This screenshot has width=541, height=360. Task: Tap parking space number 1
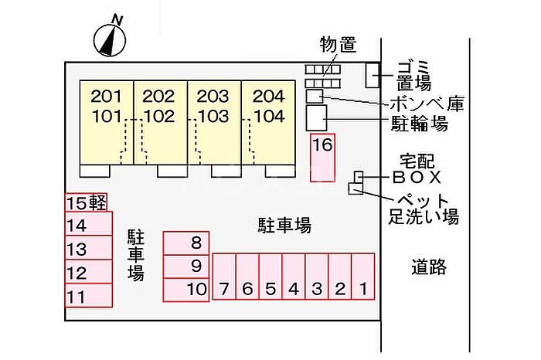pos(362,277)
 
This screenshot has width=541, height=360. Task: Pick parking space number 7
pos(224,277)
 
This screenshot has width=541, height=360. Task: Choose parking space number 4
pos(294,277)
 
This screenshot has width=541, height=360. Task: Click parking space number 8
pos(186,243)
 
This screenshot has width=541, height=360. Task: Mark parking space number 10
pos(186,290)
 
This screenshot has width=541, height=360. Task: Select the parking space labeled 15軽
pos(86,203)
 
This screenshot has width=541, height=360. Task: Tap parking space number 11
pos(87,296)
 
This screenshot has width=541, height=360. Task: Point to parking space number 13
pos(87,250)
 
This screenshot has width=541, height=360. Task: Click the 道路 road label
pos(428,268)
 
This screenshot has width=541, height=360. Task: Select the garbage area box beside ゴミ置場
pos(373,75)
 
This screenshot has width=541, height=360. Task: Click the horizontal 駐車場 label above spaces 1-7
pos(284,226)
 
